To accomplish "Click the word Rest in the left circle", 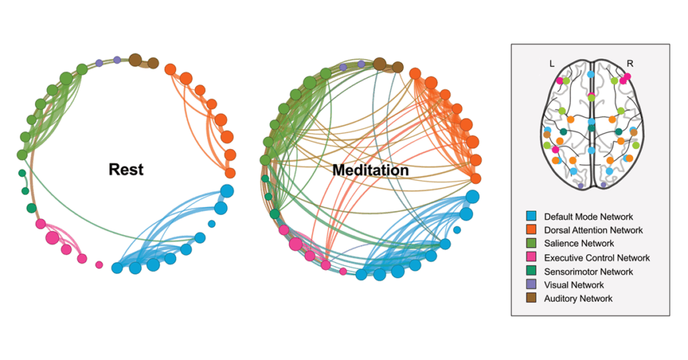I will (x=126, y=169).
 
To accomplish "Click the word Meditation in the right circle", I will (x=371, y=171).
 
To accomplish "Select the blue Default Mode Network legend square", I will (x=531, y=216).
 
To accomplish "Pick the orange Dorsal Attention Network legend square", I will (x=531, y=230).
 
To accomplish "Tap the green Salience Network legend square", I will (x=531, y=244).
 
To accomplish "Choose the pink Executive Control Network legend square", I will (x=531, y=258).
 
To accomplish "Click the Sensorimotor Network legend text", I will (x=589, y=271).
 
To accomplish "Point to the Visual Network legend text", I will (x=574, y=285).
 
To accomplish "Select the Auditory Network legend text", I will (x=578, y=298).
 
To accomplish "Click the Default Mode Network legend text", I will (x=589, y=217).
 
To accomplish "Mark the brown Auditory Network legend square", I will (x=531, y=298).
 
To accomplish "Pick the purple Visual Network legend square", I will (x=531, y=285).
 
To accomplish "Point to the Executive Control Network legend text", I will (x=597, y=258).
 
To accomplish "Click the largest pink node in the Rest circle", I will (x=52, y=237).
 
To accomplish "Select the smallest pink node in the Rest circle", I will (x=99, y=265).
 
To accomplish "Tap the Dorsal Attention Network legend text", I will (x=593, y=230).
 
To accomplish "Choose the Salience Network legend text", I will (x=577, y=244).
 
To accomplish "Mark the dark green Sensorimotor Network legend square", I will (x=531, y=271).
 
